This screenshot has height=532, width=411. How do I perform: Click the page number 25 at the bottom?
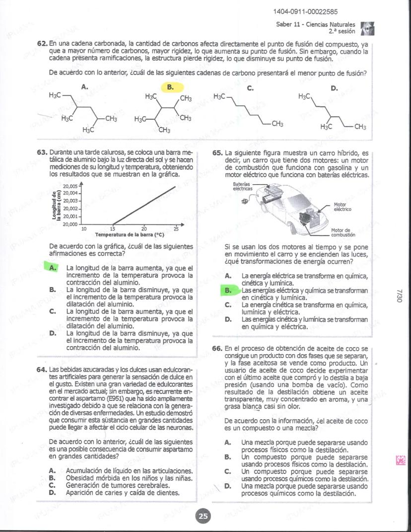point(203,517)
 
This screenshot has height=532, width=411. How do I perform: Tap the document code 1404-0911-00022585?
point(305,12)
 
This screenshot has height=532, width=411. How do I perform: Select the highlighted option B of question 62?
point(170,87)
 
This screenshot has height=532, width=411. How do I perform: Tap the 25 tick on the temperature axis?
point(176,228)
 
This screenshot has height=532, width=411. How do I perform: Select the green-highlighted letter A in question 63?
point(52,268)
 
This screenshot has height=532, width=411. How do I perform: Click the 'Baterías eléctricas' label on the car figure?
point(243,186)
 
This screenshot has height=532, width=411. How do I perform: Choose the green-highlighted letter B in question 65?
point(228,290)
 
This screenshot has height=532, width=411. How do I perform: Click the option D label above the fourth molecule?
point(334,88)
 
